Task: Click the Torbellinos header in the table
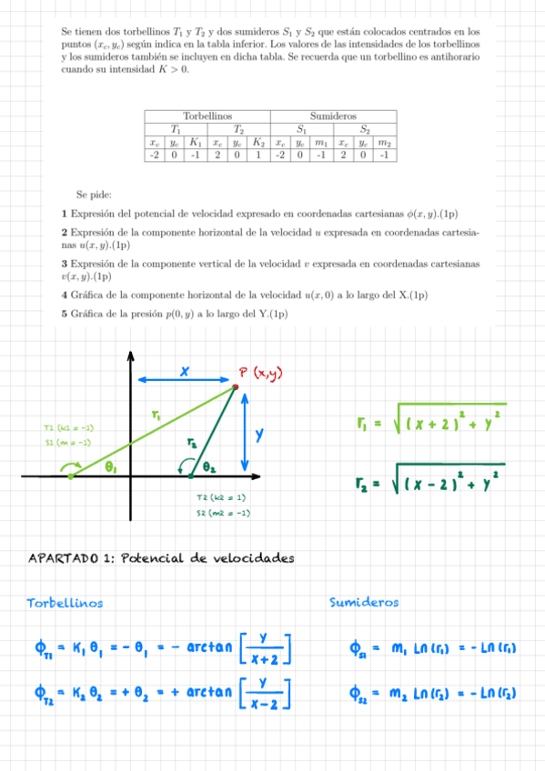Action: click(x=207, y=117)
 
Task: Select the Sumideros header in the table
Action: click(x=334, y=117)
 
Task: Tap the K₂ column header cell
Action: click(x=258, y=143)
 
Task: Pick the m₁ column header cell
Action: click(x=321, y=143)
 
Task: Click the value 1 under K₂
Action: click(x=258, y=155)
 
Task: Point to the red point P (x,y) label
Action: click(x=265, y=371)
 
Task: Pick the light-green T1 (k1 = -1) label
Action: click(x=68, y=428)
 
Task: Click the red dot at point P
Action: click(x=236, y=388)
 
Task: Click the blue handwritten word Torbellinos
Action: click(x=65, y=603)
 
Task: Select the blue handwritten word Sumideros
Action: click(x=364, y=602)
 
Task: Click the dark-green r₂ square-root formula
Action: click(x=429, y=481)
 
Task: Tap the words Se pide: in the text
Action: click(x=94, y=195)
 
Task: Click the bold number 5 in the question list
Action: click(x=65, y=314)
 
